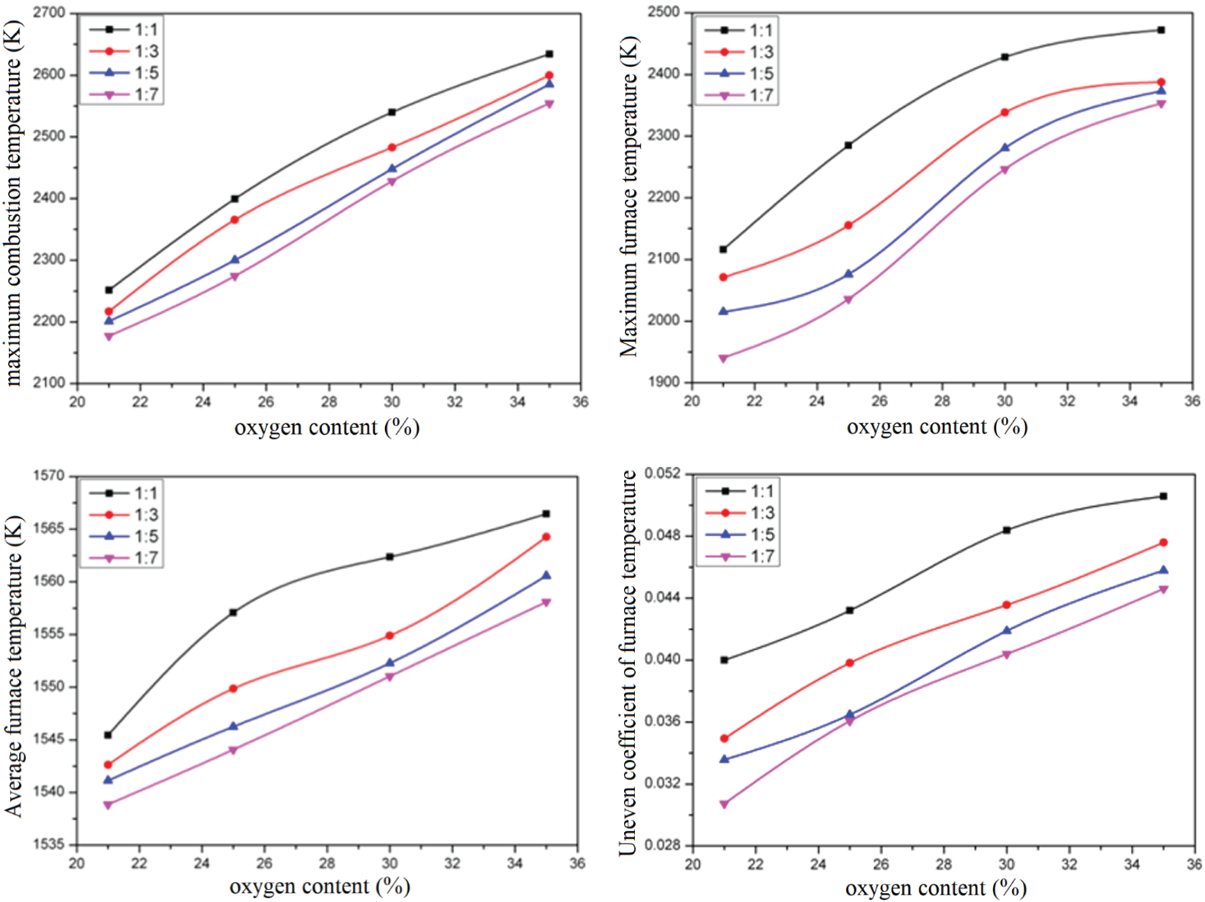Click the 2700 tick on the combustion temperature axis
click(x=49, y=13)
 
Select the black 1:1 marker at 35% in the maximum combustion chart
click(x=549, y=54)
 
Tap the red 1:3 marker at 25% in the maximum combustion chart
click(x=234, y=219)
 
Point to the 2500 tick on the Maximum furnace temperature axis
click(x=663, y=12)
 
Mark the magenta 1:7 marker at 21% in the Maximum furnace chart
click(x=723, y=358)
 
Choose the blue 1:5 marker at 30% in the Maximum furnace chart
click(x=1005, y=147)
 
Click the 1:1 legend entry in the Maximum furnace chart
click(x=739, y=30)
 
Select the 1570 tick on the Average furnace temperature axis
click(x=49, y=476)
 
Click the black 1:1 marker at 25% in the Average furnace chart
click(x=233, y=612)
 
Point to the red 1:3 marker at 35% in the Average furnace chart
click(x=546, y=537)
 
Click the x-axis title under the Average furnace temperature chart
click(x=320, y=886)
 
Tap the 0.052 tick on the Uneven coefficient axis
click(x=663, y=473)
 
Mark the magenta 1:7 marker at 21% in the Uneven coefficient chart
click(x=724, y=804)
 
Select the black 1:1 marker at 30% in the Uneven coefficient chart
click(x=1006, y=530)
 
